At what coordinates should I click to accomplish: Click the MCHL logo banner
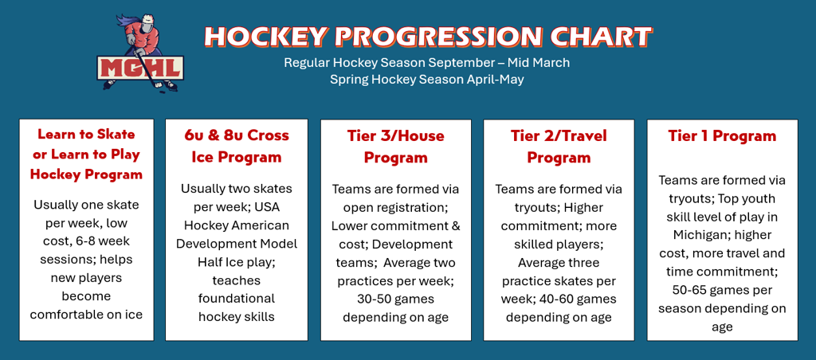(x=140, y=68)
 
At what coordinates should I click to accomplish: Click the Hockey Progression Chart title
(x=427, y=37)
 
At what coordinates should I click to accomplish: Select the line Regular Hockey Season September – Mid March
(x=427, y=62)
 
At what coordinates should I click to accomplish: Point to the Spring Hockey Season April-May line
(x=427, y=80)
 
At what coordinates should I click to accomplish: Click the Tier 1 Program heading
(x=722, y=136)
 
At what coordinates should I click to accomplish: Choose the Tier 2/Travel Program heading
(x=559, y=147)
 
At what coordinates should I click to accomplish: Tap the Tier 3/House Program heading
(x=395, y=147)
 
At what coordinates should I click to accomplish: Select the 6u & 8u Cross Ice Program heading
(x=237, y=147)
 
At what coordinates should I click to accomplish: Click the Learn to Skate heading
(x=86, y=134)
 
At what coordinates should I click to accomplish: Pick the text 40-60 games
(x=580, y=299)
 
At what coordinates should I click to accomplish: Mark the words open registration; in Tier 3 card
(x=395, y=207)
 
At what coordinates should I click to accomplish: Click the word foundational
(x=237, y=298)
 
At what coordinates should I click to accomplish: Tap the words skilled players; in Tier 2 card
(x=559, y=244)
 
